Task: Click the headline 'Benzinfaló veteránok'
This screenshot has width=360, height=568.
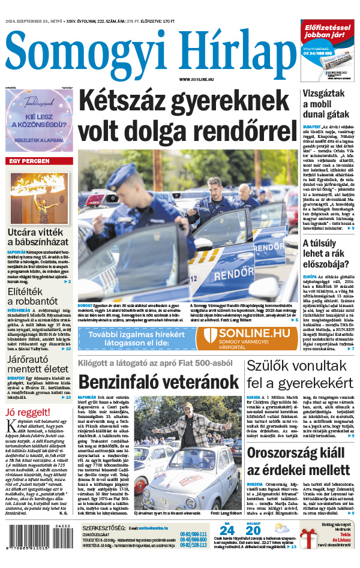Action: pos(159,381)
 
